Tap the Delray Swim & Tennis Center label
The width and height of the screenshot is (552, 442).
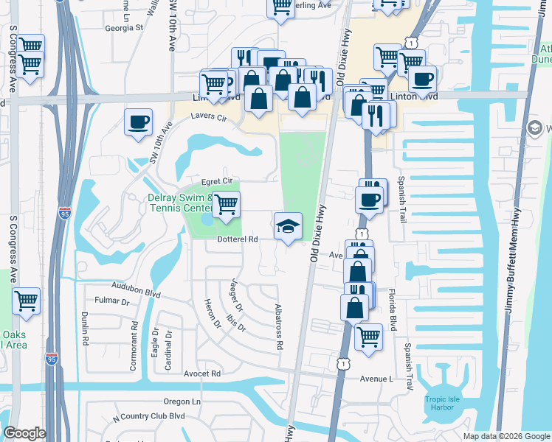click(180, 203)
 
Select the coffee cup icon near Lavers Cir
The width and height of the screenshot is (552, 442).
click(138, 122)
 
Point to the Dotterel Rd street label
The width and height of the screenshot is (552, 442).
click(237, 239)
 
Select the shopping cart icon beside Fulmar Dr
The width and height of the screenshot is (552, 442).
click(27, 301)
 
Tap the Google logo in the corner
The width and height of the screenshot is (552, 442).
click(25, 433)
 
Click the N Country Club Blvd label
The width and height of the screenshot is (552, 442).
click(148, 417)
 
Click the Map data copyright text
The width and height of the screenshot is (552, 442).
click(506, 436)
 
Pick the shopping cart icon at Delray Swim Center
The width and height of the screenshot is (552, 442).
click(227, 205)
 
